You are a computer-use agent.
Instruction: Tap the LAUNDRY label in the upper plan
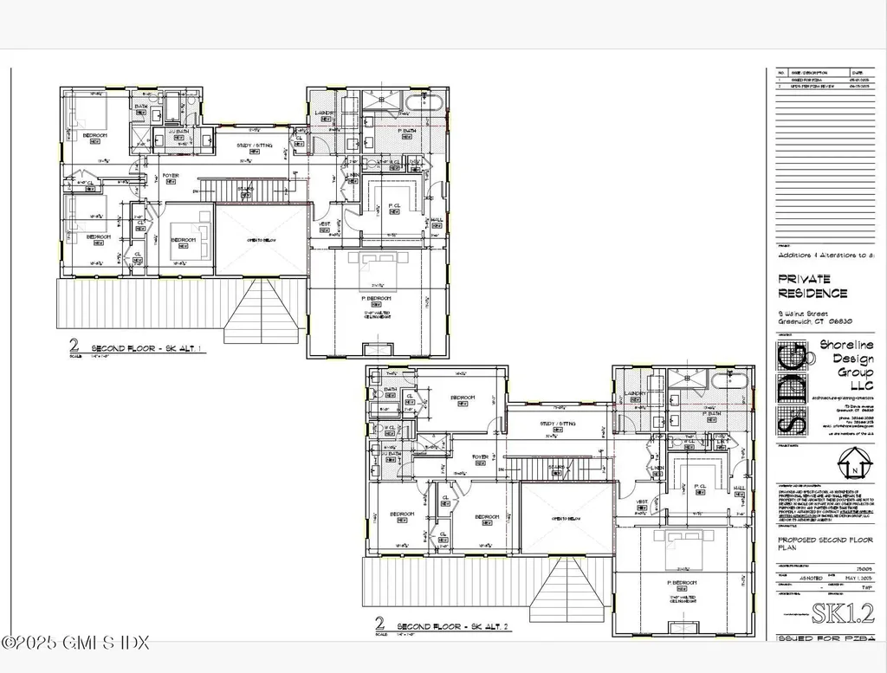click(x=326, y=113)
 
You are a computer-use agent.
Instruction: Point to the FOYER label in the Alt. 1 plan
click(x=171, y=176)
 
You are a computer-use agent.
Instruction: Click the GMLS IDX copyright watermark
click(x=76, y=643)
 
